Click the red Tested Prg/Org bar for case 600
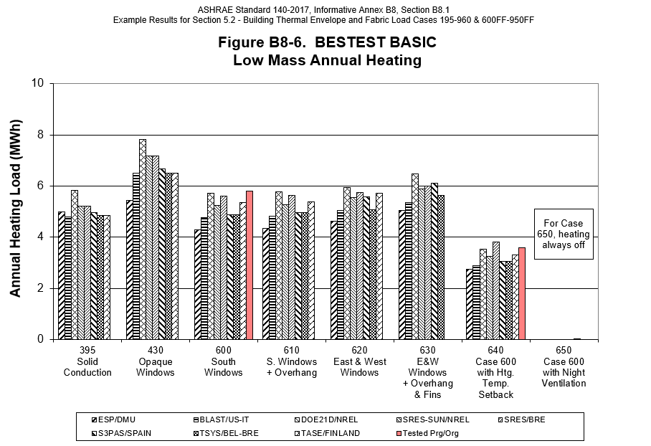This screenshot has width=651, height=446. [249, 265]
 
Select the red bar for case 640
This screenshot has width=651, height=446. [521, 293]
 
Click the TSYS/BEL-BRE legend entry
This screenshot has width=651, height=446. [223, 433]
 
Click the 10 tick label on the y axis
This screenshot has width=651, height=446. [37, 83]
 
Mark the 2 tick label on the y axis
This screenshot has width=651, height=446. [39, 288]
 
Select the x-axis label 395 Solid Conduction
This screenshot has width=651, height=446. [87, 362]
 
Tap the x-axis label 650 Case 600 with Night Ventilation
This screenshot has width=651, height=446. [564, 367]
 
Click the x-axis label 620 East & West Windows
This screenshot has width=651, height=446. [359, 362]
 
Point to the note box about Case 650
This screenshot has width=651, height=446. [564, 234]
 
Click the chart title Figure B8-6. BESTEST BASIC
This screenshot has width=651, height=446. [327, 43]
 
